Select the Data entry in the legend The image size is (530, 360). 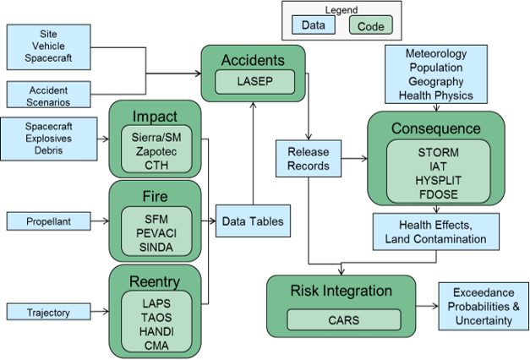pos(314,26)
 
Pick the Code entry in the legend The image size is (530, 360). pos(370,26)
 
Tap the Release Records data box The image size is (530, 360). pos(308,159)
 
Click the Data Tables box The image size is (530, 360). pos(253,221)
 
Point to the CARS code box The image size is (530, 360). pos(343,320)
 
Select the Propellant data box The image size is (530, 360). pos(49,221)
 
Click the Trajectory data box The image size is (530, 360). pos(49,312)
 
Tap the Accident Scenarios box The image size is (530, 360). pos(49,95)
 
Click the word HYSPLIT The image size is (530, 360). pos(437,180)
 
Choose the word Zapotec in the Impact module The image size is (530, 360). pos(156,151)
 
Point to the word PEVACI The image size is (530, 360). pos(156,232)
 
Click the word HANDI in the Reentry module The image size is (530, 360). pos(156,331)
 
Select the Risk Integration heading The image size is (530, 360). pos(341,292)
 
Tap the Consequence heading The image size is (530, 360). pos(435,128)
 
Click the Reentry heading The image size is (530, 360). pos(156,281)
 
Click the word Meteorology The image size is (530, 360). pos(435,53)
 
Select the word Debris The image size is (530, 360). pos(49,150)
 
